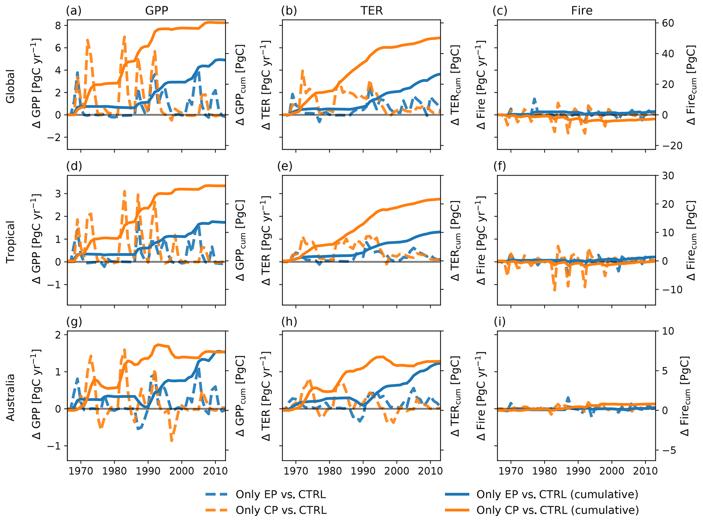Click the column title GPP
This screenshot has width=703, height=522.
[x=156, y=11]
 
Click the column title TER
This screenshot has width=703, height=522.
[x=372, y=11]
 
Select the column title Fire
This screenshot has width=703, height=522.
[x=582, y=11]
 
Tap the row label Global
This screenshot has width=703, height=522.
[x=11, y=86]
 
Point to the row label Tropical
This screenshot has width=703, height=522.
[x=11, y=242]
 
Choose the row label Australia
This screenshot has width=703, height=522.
[x=11, y=397]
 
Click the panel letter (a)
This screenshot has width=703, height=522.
[x=74, y=11]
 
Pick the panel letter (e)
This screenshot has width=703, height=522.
[x=285, y=166]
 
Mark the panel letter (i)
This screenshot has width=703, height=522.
[x=500, y=322]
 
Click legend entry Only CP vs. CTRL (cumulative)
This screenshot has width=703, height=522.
[x=557, y=510]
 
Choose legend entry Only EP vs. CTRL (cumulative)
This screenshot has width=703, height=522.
[x=557, y=494]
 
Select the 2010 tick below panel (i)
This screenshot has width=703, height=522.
[x=645, y=471]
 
